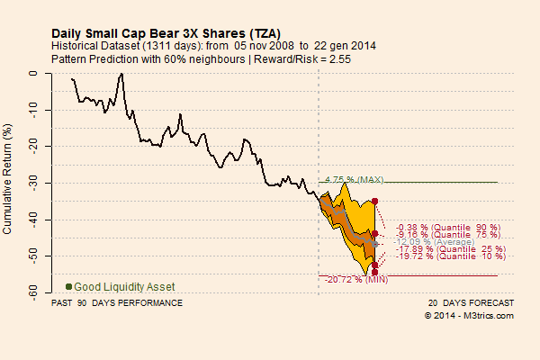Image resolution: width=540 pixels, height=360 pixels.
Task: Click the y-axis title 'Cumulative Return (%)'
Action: pos(8,181)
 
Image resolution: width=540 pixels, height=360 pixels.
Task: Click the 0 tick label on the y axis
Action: pos(40,73)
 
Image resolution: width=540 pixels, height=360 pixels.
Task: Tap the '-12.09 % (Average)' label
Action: pos(437,242)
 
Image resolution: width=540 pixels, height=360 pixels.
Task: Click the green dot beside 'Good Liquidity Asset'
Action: pos(68,286)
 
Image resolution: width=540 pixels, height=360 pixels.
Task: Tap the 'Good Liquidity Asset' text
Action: pos(124,286)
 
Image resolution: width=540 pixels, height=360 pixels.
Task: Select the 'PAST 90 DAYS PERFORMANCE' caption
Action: pos(117,303)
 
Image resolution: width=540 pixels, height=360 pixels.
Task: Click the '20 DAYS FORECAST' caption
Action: pos(471,303)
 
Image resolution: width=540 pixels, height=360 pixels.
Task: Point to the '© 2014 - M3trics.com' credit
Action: pos(469,316)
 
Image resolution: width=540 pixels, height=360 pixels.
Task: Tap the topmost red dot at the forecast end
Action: pos(374,201)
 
